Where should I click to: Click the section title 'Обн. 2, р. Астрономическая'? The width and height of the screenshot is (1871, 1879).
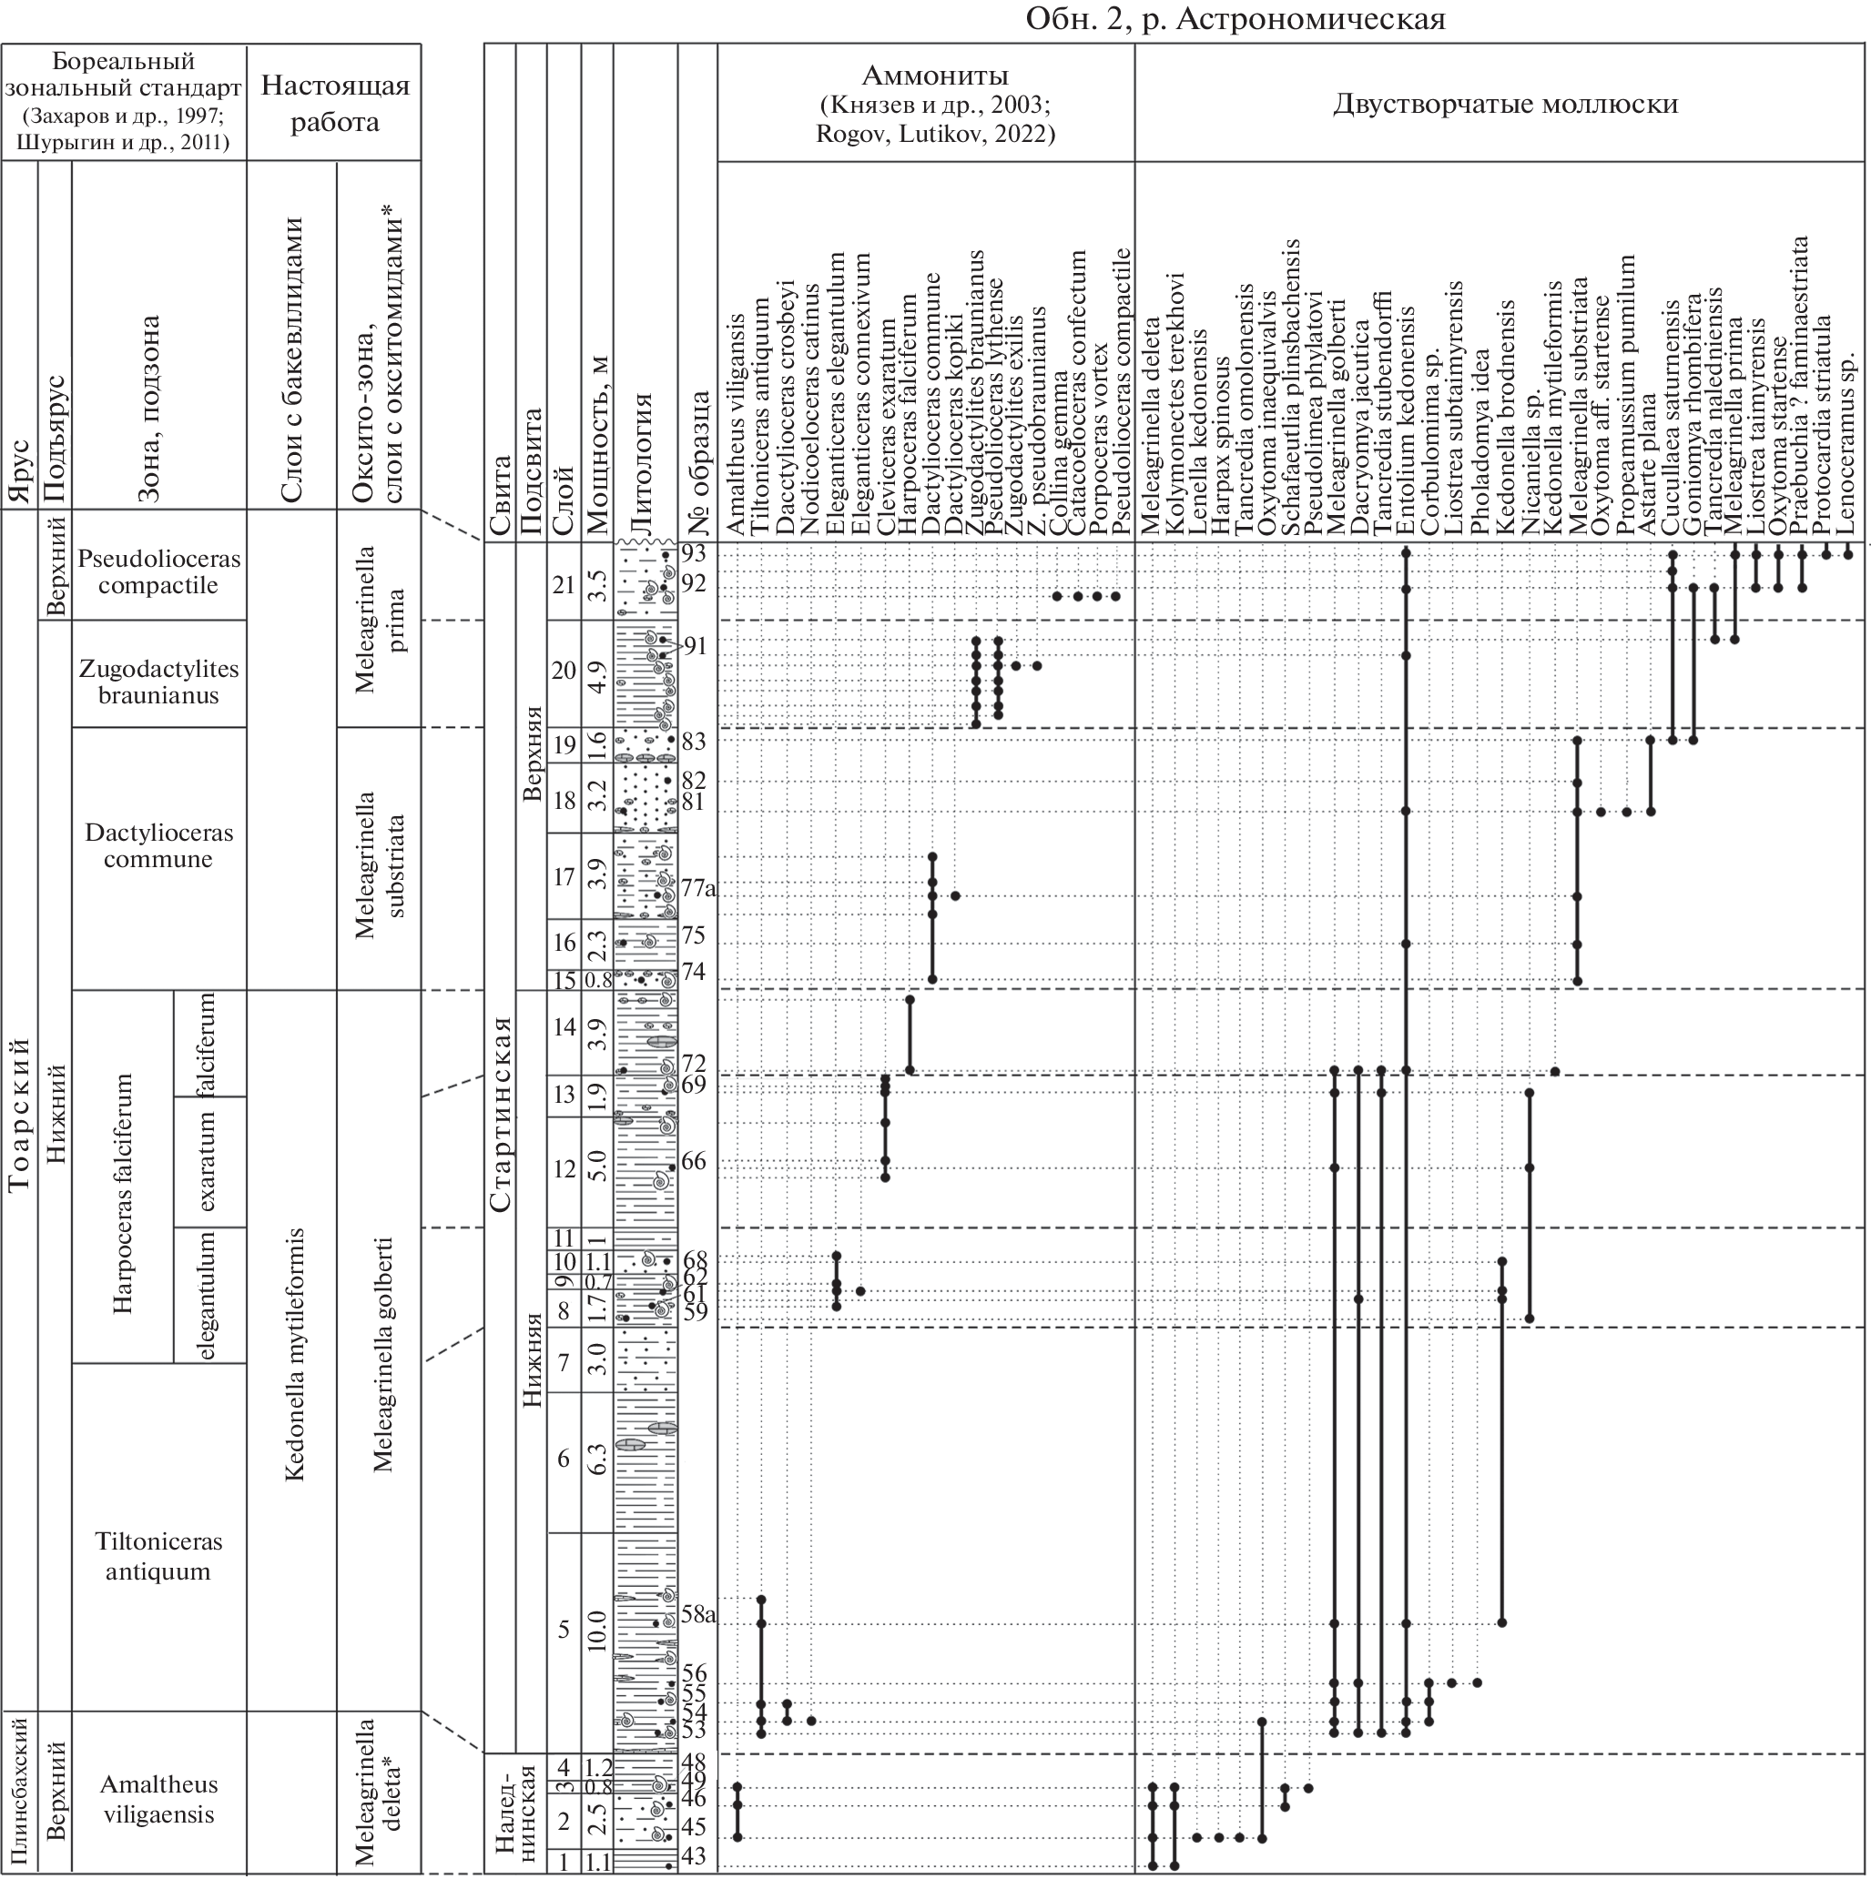tap(1235, 18)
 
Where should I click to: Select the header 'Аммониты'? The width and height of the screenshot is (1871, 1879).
tap(934, 75)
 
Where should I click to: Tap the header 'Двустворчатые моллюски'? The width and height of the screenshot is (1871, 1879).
tap(1504, 104)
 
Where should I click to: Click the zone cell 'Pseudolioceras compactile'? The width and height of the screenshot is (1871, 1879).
tap(158, 571)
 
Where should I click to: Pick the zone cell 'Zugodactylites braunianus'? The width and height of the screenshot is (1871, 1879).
tap(158, 682)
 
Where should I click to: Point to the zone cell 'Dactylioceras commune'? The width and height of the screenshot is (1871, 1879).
tap(158, 845)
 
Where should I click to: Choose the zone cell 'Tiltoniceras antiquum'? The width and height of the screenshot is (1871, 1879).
tap(158, 1556)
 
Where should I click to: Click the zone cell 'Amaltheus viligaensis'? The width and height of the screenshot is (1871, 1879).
tap(158, 1798)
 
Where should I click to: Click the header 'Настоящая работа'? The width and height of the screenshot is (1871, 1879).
tap(334, 103)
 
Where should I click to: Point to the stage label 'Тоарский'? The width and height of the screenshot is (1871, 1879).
tap(18, 1114)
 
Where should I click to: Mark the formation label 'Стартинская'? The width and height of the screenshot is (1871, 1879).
tap(500, 1114)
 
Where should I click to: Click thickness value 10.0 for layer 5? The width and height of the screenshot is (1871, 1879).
tap(597, 1630)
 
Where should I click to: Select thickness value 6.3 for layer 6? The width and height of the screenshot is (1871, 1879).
tap(597, 1459)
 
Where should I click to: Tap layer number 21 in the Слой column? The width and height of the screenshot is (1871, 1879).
tap(564, 584)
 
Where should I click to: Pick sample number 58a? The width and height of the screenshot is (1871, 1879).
tap(698, 1615)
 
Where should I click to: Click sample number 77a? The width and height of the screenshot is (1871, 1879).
tap(698, 888)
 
